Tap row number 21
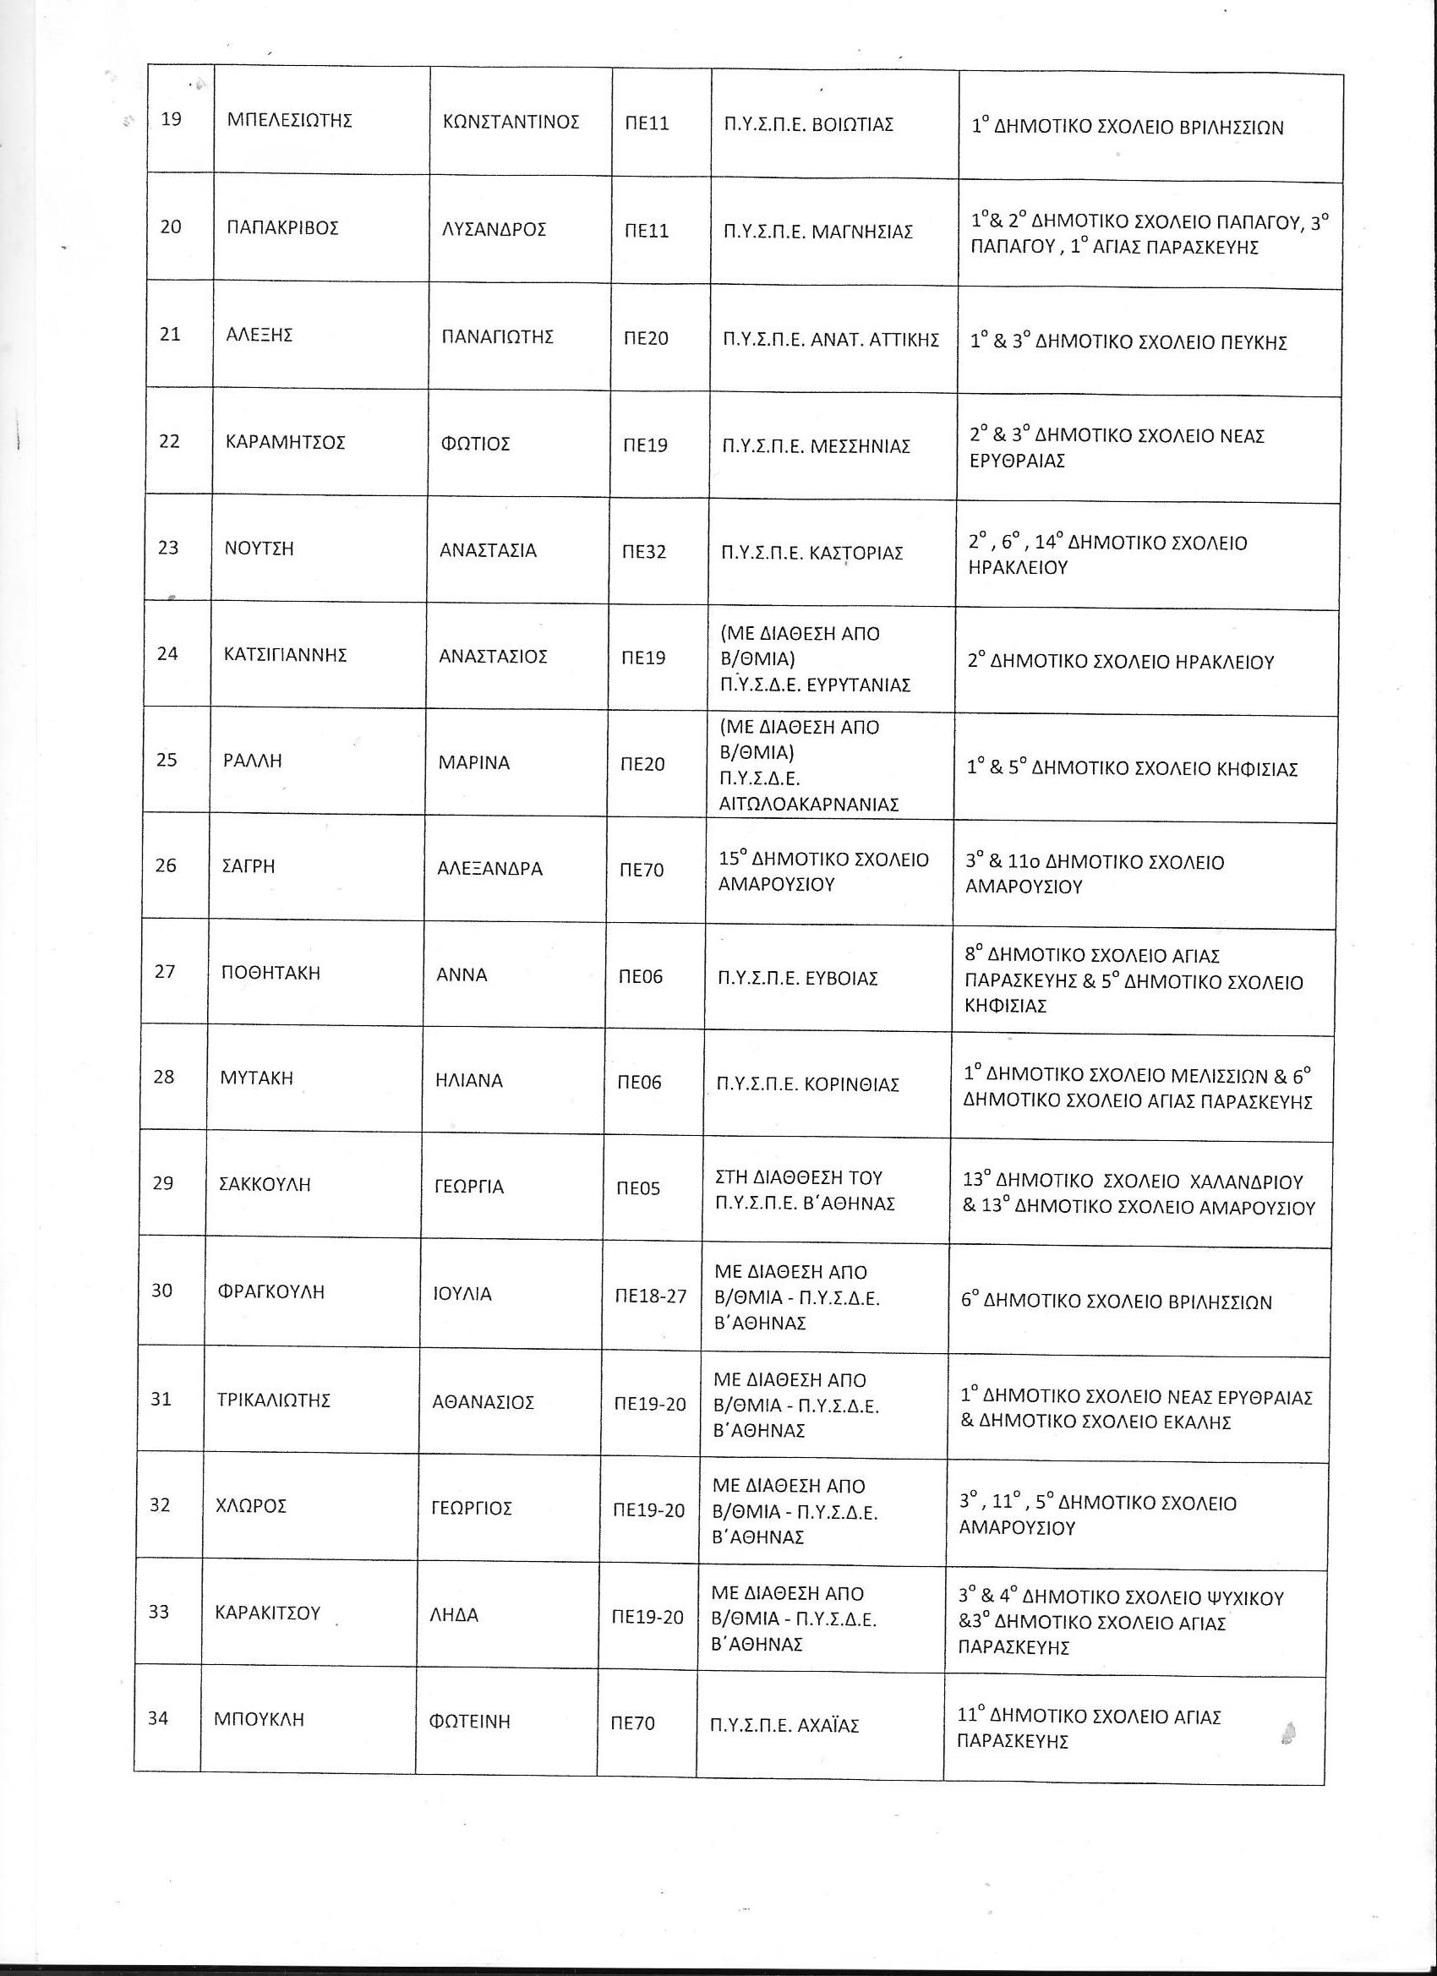point(170,335)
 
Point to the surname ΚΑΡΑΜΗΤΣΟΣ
point(285,443)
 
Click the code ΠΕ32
point(646,552)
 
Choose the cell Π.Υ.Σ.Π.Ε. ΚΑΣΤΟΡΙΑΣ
point(812,554)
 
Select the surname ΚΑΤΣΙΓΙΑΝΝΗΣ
point(285,655)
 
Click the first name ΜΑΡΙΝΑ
point(473,763)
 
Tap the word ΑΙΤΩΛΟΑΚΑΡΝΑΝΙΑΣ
point(808,804)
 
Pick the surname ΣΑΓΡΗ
point(249,867)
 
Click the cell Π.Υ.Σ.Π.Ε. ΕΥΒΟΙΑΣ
point(797,979)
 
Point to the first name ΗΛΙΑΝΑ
point(469,1081)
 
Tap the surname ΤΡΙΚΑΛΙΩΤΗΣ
point(274,1401)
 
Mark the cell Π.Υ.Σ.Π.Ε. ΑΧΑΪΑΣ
point(784,1724)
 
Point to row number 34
point(158,1719)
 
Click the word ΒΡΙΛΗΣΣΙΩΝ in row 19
point(1231,128)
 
